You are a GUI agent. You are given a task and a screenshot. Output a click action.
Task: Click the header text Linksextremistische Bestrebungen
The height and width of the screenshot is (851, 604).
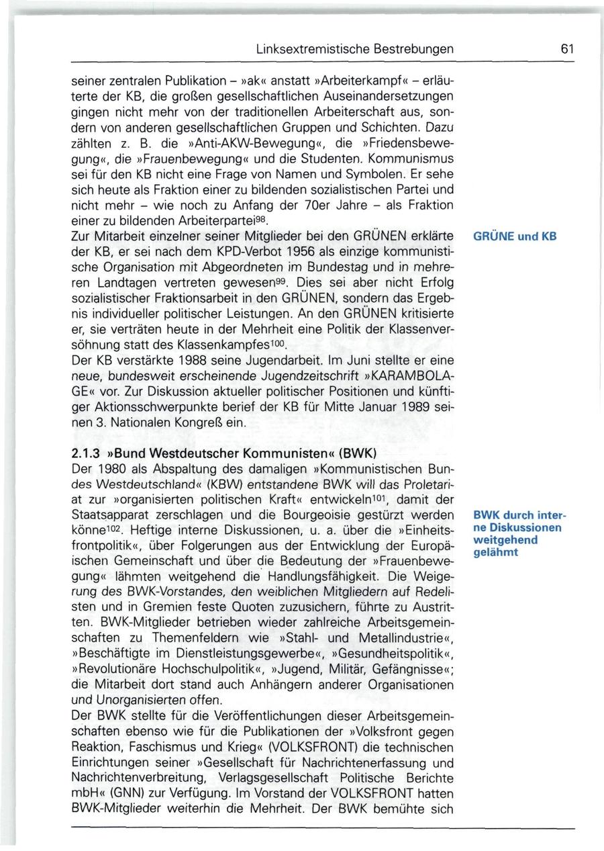tap(355, 49)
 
